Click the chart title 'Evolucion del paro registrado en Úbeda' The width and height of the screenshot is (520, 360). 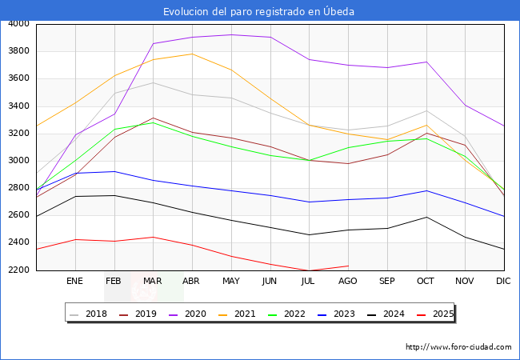click(259, 11)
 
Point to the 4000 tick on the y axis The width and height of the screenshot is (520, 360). click(18, 24)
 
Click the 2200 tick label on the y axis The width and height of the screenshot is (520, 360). click(18, 270)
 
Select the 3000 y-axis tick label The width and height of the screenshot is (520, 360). click(18, 161)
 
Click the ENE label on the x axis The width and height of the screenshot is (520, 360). click(74, 281)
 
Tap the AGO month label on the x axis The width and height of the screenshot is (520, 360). click(348, 281)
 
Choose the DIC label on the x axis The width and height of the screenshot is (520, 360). click(503, 281)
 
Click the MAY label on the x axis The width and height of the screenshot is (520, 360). click(230, 281)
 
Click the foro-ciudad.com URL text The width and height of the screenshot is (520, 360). click(458, 347)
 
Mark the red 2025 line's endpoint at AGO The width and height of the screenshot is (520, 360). click(348, 266)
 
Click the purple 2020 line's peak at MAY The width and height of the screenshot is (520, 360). click(230, 34)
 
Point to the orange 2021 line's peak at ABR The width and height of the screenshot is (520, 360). click(192, 54)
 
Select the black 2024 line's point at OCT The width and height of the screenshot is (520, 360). click(426, 217)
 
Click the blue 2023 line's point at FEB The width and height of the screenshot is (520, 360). click(114, 171)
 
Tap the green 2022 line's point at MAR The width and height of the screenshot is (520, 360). click(153, 122)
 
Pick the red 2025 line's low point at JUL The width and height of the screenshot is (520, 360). click(309, 270)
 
